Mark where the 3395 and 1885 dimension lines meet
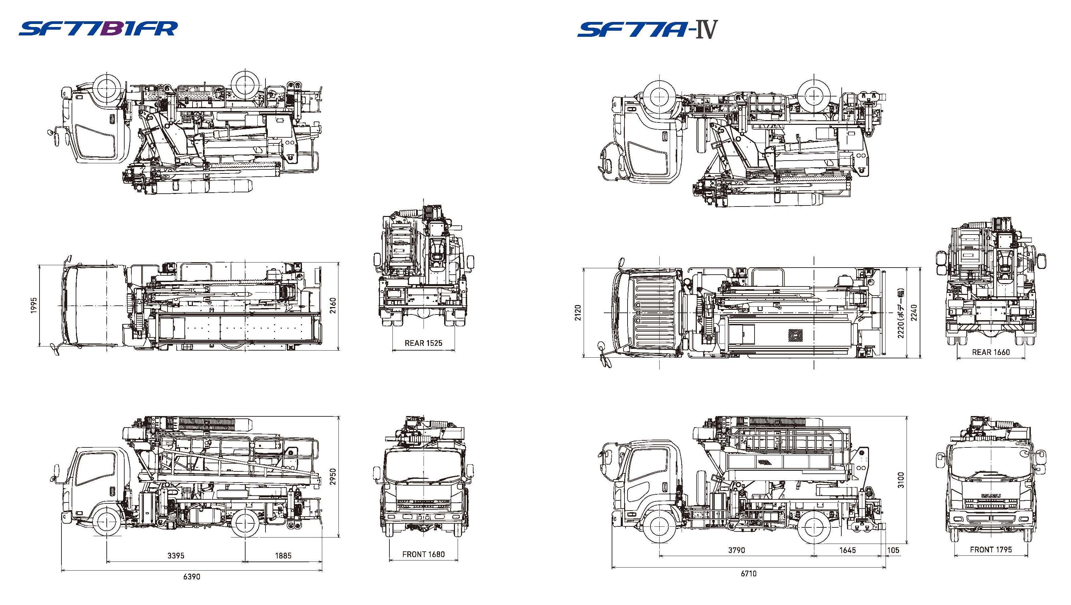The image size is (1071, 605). [245, 562]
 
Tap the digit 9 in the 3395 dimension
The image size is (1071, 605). [178, 555]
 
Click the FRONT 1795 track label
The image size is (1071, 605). [991, 549]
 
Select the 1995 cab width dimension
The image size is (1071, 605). [34, 305]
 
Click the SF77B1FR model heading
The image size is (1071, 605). [98, 29]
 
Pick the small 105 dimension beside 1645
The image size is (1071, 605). [893, 550]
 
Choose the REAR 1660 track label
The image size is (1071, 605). [991, 352]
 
